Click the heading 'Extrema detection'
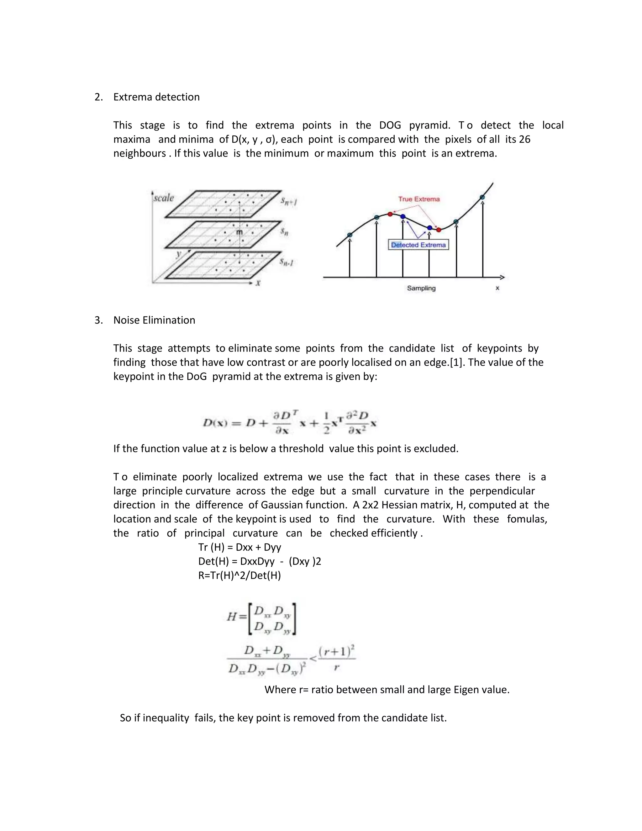coord(156,97)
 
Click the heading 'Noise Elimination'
coord(154,320)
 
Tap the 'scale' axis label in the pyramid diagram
coord(164,198)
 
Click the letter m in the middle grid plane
coord(239,232)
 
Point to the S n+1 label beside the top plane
coord(289,201)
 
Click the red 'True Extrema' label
coord(419,199)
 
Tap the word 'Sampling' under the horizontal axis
coord(421,288)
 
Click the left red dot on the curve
coord(390,214)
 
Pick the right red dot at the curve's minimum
coord(439,230)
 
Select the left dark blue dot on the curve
coord(403,216)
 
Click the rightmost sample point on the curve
coord(482,197)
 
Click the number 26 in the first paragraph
coord(524,139)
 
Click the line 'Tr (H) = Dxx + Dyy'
coord(239,547)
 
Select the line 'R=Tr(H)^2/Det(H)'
coord(239,575)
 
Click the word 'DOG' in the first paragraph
coord(390,125)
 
